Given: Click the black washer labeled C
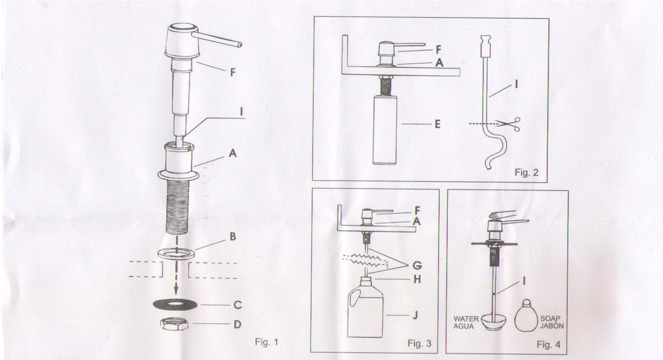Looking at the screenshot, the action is [x=173, y=304].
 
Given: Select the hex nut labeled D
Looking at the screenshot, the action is [x=175, y=324].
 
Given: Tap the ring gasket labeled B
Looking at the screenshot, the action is [x=176, y=253].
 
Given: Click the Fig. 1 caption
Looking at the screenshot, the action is [x=267, y=342].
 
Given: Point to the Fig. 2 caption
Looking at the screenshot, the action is [x=527, y=172].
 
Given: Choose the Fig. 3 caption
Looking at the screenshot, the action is [x=419, y=343].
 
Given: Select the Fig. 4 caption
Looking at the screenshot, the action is [x=549, y=345].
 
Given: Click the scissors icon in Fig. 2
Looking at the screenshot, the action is [x=508, y=124].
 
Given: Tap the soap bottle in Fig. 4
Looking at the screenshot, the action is [x=525, y=316].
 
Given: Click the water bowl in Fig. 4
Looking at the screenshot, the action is [x=493, y=322].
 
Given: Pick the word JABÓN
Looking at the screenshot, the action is [x=552, y=326].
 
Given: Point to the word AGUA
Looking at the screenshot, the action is [x=464, y=326].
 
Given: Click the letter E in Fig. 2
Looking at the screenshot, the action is [x=438, y=124].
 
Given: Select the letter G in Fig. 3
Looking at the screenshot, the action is [x=417, y=266].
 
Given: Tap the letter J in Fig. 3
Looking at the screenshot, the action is [x=415, y=315].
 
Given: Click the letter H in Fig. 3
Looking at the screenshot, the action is [x=417, y=279].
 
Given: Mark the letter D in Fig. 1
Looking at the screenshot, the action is [x=238, y=325].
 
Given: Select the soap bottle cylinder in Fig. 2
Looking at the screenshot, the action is [x=385, y=130].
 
